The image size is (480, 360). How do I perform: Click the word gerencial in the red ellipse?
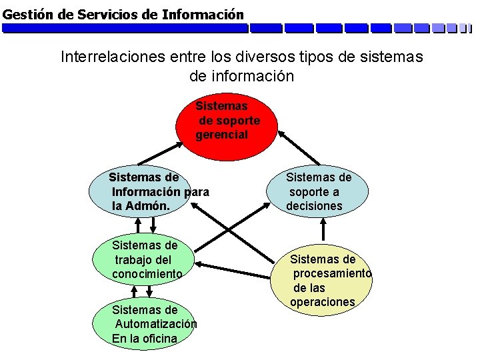(221, 135)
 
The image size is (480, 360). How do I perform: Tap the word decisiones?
(314, 207)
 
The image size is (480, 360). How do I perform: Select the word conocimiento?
(147, 274)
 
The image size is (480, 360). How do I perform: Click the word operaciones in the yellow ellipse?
(323, 303)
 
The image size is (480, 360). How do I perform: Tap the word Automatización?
(156, 324)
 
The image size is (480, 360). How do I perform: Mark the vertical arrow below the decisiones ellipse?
(323, 229)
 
